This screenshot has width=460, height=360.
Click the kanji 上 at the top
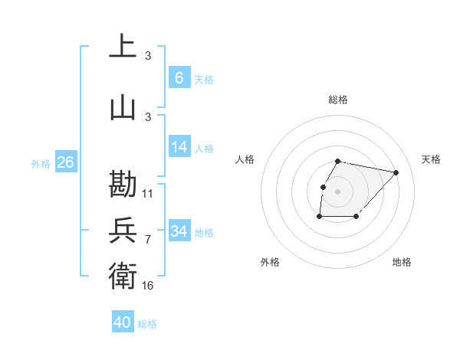pos(123,46)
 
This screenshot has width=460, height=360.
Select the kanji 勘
pos(123,184)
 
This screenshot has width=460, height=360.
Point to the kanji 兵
pos(123,230)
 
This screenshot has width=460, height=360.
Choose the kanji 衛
pos(123,274)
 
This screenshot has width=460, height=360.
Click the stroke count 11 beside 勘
pos(148,194)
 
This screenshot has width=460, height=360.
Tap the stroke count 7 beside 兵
pos(148,240)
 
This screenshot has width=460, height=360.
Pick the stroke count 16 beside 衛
pos(148,285)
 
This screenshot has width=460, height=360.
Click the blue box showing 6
pos(179,77)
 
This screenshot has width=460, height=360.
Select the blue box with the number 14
pos(179,147)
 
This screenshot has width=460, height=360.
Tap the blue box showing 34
pos(179,231)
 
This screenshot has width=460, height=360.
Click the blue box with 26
pos(65,162)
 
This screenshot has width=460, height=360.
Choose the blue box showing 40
pos(123,322)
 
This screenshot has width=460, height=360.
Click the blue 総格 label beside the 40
pos(147,324)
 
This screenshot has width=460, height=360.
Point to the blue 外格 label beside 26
pos(41,163)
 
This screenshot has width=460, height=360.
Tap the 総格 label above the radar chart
pos(338,100)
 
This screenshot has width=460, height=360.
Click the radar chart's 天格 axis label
pos(431,159)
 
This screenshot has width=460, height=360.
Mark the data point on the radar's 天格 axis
pos(396,172)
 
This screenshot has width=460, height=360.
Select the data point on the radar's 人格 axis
pos(323,186)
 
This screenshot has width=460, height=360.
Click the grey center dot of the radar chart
pos(338,191)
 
